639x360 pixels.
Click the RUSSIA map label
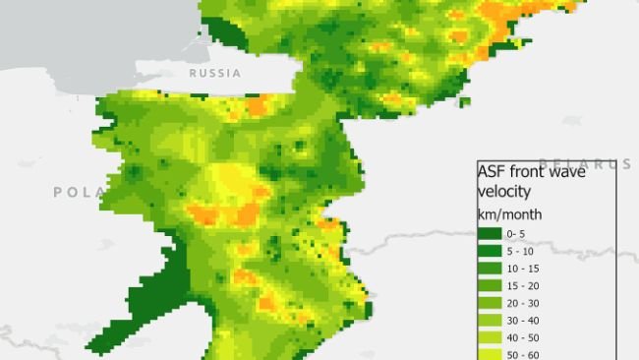213,74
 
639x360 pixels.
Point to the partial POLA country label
73,192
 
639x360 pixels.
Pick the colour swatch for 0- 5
490,233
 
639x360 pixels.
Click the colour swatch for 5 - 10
490,251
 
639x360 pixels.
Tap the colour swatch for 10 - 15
490,268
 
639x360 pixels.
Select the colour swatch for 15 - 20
490,285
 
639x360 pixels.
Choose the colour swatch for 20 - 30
490,302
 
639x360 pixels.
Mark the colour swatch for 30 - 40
490,320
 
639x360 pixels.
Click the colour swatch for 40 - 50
490,336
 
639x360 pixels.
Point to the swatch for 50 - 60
490,353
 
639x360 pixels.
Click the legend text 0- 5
517,233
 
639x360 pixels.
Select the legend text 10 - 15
522,268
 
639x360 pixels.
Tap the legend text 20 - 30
522,302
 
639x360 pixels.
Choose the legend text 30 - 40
522,320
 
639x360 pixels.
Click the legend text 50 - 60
522,353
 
